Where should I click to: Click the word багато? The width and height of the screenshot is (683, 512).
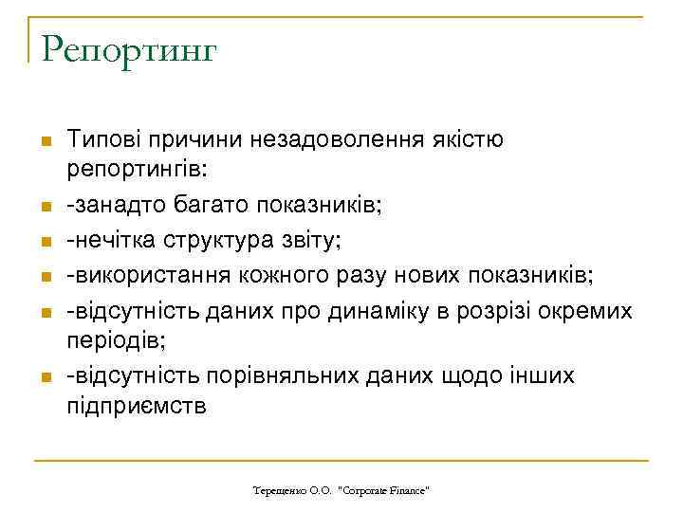(x=197, y=206)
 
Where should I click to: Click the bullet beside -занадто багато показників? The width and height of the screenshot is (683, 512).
(x=45, y=208)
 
